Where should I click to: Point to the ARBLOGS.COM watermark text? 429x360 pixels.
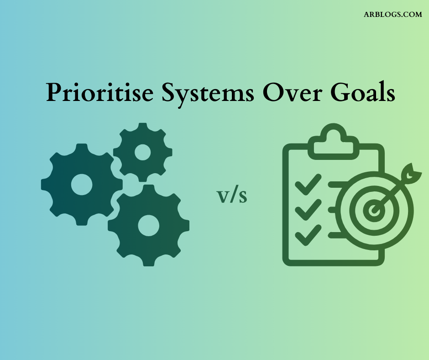click(392, 15)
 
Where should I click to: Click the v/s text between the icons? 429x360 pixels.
click(232, 196)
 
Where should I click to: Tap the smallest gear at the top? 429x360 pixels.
click(143, 152)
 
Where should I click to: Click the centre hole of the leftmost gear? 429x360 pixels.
click(82, 184)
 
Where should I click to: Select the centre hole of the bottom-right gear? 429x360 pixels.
click(148, 225)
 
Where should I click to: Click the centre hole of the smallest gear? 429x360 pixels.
click(143, 152)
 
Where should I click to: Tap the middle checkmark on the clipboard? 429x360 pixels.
click(308, 211)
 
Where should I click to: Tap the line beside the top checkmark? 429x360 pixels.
click(338, 185)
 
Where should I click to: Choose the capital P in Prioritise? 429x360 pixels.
click(53, 93)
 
